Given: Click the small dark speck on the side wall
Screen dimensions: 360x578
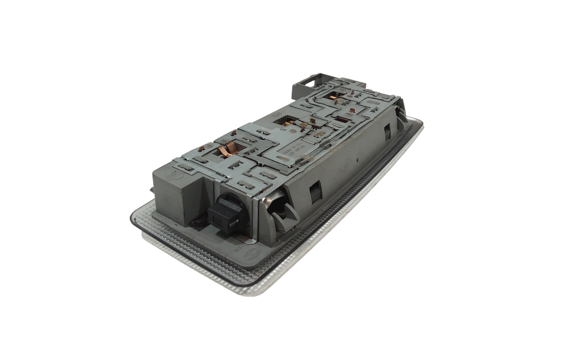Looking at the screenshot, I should click(x=357, y=158).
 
